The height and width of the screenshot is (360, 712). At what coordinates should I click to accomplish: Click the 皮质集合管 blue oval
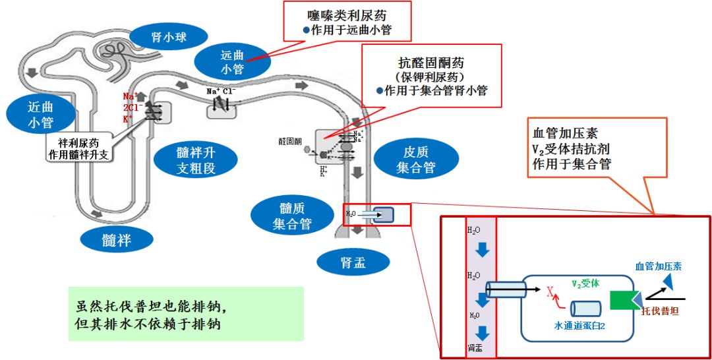pyautogui.click(x=415, y=160)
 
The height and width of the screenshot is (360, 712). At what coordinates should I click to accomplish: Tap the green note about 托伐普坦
pyautogui.click(x=185, y=314)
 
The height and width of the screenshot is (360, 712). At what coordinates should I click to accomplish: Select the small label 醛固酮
pyautogui.click(x=290, y=140)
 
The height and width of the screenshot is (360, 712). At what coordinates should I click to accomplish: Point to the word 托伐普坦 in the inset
pyautogui.click(x=660, y=310)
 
